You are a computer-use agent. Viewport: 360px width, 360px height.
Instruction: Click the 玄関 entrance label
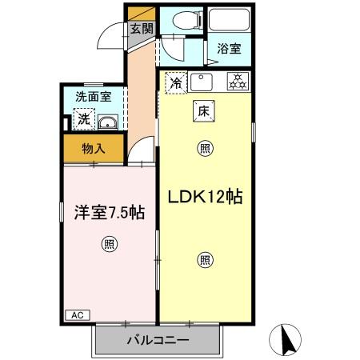[x=142, y=29]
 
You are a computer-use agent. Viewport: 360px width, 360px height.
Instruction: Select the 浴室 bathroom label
[x=227, y=49]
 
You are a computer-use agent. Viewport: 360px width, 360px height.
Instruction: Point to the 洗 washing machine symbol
[x=83, y=120]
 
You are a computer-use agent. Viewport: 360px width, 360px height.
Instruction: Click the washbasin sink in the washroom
[x=109, y=122]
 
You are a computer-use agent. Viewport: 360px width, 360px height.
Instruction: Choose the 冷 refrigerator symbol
[x=176, y=81]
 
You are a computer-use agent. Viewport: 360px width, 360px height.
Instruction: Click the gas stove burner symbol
[x=237, y=81]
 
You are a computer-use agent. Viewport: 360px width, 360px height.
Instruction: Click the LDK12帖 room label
[x=206, y=196]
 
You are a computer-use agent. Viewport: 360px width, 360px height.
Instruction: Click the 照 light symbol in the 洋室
[x=108, y=246]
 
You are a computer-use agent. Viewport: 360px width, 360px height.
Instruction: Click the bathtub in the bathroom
[x=228, y=22]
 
